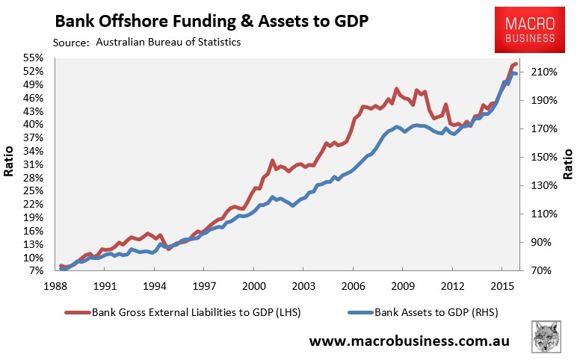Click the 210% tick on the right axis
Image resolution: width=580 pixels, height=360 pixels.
point(542,72)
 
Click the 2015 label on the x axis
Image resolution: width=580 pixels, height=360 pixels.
point(502,286)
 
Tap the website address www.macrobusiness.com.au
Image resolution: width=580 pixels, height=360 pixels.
point(410,341)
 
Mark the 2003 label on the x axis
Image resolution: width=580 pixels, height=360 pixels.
point(303,286)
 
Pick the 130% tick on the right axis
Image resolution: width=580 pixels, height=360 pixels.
point(542,186)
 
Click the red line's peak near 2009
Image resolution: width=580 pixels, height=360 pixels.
point(397,90)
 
